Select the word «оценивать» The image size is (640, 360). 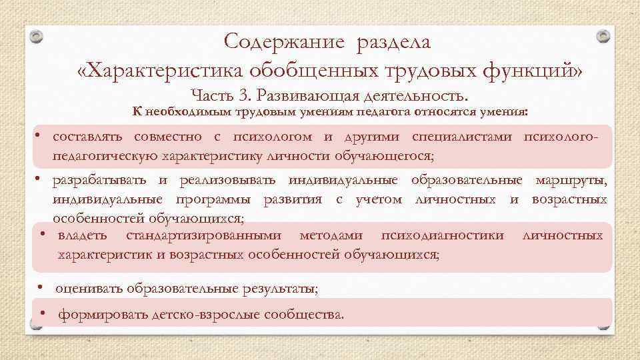[87, 289]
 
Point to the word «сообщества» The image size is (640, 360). [303, 314]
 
